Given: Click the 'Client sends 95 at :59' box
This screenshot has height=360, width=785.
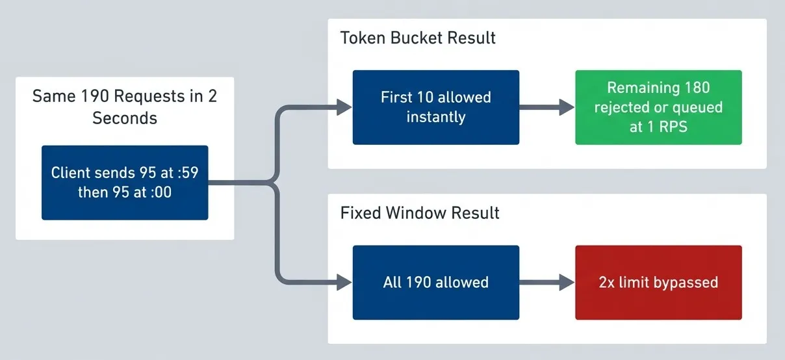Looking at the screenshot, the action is (125, 183).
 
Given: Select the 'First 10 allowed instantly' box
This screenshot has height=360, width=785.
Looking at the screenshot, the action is (436, 107).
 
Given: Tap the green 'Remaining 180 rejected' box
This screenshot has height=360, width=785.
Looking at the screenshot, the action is (658, 107).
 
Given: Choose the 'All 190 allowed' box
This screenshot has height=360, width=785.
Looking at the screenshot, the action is (436, 283).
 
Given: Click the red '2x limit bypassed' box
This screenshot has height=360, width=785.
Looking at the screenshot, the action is (658, 283).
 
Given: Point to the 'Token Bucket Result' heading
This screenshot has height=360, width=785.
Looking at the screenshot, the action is (418, 38).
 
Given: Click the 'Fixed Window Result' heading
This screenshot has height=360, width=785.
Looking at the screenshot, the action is (420, 212).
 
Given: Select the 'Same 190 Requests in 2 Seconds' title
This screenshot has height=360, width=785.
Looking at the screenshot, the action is (125, 107).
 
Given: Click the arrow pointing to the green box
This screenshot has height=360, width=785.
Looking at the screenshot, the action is (547, 107).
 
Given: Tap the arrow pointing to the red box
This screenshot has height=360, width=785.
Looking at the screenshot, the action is (547, 283).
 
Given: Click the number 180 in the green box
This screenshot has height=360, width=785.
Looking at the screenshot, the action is (697, 88).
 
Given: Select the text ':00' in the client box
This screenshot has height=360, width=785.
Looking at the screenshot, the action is (161, 192).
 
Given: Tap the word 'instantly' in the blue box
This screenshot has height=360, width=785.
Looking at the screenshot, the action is (436, 118).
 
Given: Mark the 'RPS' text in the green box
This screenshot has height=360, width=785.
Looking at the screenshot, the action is (673, 127).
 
